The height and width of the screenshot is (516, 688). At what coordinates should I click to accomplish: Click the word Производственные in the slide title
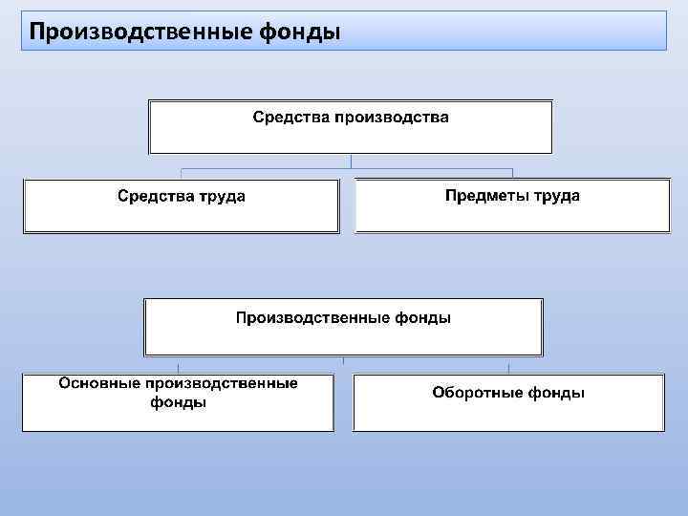coord(141,32)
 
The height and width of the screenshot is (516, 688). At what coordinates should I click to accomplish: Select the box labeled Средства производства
coord(350,127)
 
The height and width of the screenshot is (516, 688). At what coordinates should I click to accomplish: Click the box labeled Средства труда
coord(182,206)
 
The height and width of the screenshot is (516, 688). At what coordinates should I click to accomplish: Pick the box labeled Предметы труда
coord(512,205)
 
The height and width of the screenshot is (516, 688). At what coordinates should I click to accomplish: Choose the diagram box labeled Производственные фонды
coord(343,327)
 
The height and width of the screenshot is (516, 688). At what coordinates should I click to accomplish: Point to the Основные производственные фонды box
coord(179,402)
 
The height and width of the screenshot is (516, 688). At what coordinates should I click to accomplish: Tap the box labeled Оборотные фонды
coord(508,402)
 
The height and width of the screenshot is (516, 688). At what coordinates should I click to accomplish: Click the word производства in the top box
coord(391,118)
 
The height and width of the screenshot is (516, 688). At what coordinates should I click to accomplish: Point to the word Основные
coord(100,383)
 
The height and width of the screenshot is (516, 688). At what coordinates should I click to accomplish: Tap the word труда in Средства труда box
coord(224,197)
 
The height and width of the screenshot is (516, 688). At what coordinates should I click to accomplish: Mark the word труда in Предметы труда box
coord(556,196)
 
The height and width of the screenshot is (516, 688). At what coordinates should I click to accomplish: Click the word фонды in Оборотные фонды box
coord(559,393)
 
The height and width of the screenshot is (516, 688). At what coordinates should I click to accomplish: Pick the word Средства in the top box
coord(290,118)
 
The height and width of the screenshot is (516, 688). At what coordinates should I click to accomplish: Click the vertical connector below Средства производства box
coord(351,162)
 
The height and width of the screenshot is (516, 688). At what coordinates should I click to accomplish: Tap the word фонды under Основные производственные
coord(179,402)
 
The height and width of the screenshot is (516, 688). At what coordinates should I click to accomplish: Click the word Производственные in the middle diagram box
coord(312,317)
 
